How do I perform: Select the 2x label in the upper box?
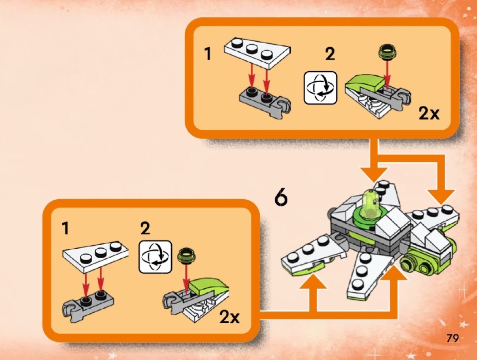[429, 113]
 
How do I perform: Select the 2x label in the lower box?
[230, 317]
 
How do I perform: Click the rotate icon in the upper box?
[321, 88]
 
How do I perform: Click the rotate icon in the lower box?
[155, 256]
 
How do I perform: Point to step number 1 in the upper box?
[208, 54]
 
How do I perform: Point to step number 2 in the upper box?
[330, 54]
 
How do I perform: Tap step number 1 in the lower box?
[65, 228]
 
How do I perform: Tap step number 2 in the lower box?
[145, 228]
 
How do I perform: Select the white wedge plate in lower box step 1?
[95, 255]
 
